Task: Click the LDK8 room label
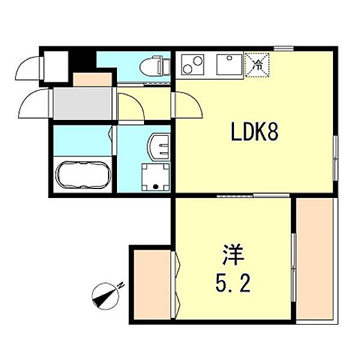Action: point(254,132)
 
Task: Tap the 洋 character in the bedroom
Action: point(232,255)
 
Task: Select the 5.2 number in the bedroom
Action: point(232,283)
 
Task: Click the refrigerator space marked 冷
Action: point(257,65)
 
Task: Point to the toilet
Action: point(155,66)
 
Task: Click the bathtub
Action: point(83,175)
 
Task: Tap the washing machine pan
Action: point(155,177)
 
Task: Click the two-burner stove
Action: point(192,65)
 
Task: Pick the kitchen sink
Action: point(229,65)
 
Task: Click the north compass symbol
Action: point(105,296)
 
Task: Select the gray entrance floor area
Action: point(83,103)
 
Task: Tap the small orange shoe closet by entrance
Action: point(92,79)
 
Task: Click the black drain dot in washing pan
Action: point(156,186)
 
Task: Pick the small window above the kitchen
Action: point(283,49)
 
